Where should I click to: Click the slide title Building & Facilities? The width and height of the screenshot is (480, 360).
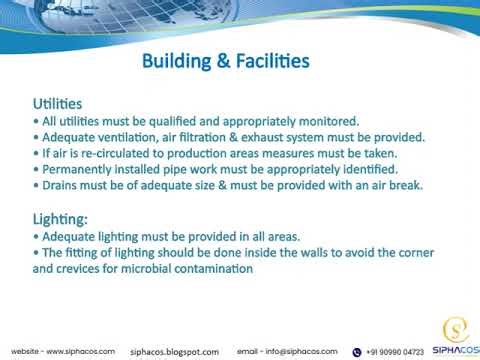[x=225, y=62]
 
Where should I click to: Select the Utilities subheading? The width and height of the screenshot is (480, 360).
[x=58, y=103]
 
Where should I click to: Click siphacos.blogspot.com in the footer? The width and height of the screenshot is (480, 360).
[x=175, y=352]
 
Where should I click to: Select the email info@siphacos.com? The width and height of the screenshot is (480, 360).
[x=287, y=351]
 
